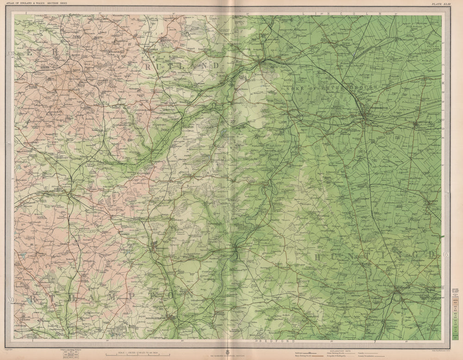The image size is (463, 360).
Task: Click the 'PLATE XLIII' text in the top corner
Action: (439, 5)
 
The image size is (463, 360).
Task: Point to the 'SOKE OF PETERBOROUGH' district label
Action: (332, 87)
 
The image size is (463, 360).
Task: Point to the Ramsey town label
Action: (432, 202)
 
